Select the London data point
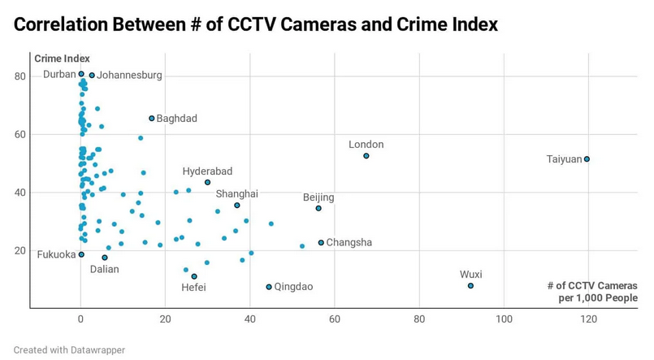pyautogui.click(x=366, y=156)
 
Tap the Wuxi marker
pyautogui.click(x=470, y=286)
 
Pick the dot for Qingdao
pyautogui.click(x=269, y=287)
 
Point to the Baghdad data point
pyautogui.click(x=152, y=119)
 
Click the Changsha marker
pyautogui.click(x=321, y=243)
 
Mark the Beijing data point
pyautogui.click(x=318, y=209)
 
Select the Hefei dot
pyautogui.click(x=194, y=277)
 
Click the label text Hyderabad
pyautogui.click(x=207, y=171)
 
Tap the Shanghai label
pyautogui.click(x=236, y=194)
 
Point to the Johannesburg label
pyautogui.click(x=129, y=76)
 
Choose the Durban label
pyautogui.click(x=59, y=74)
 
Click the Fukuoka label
pyautogui.click(x=56, y=254)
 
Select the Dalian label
pyautogui.click(x=104, y=270)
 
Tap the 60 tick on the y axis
pyautogui.click(x=19, y=135)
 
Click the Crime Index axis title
pyautogui.click(x=62, y=59)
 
